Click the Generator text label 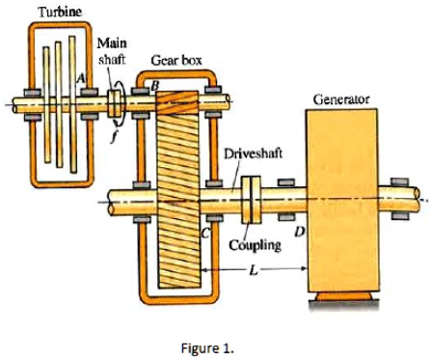click(x=341, y=98)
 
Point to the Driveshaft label click(x=253, y=153)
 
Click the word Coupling click(x=255, y=244)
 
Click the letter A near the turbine click(x=83, y=74)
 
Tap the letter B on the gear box click(x=150, y=85)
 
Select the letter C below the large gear click(x=204, y=231)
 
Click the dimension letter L click(x=254, y=272)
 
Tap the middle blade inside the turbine click(x=56, y=100)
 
